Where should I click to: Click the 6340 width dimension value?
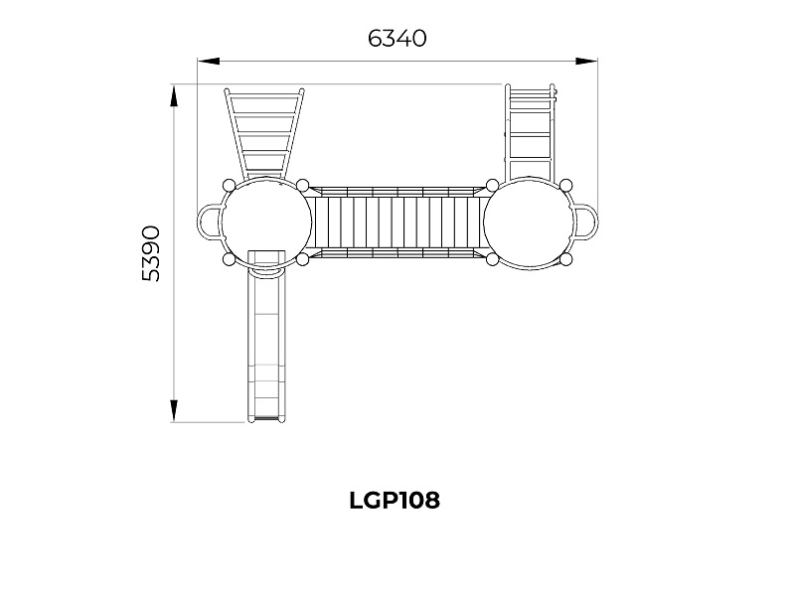(397, 39)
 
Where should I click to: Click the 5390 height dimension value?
(151, 253)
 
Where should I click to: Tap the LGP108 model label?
(395, 501)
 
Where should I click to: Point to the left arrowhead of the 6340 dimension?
(209, 62)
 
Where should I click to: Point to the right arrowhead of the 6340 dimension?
(586, 62)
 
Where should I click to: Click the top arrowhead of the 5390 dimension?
(174, 95)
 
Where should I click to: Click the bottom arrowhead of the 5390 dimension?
(174, 410)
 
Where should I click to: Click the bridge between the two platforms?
(397, 222)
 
